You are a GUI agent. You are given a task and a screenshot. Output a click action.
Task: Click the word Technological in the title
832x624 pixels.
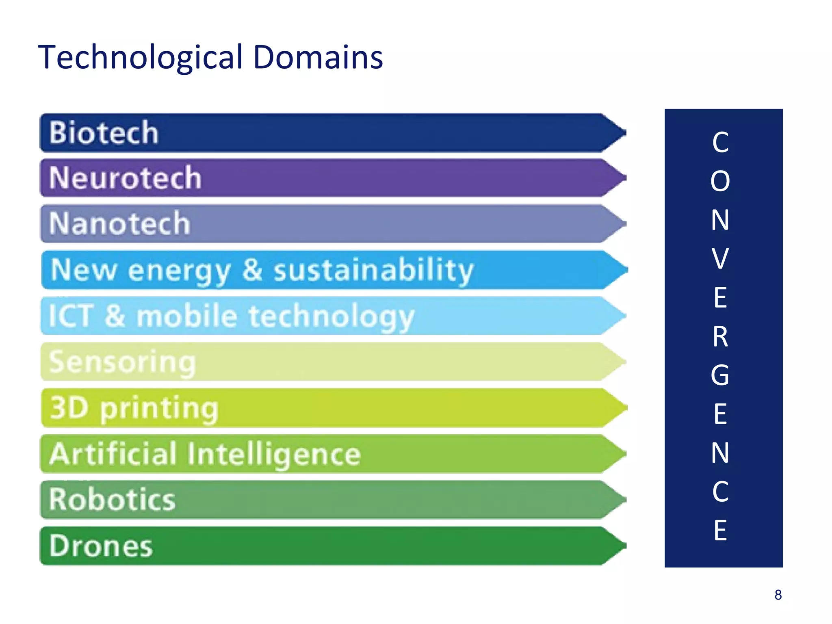pos(140,58)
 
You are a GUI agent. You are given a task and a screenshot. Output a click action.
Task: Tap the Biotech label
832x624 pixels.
pos(104,133)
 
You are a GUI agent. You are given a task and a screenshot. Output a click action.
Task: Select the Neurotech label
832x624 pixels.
pos(125,178)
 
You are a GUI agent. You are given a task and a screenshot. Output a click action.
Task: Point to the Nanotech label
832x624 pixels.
pos(119,223)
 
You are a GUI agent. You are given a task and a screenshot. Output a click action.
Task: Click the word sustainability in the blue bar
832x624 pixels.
pos(373,270)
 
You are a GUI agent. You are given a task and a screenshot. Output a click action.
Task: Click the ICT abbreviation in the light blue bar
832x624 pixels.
pos(71,316)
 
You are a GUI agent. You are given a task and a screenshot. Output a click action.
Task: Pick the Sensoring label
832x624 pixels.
pos(122,362)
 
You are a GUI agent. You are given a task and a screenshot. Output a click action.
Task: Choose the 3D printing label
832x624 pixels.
pos(134,408)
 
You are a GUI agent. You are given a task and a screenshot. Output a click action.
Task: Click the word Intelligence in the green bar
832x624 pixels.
pos(274,454)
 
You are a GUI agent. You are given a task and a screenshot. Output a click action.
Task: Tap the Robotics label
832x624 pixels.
pos(112,500)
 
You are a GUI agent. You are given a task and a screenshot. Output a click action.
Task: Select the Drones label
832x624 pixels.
pos(101,546)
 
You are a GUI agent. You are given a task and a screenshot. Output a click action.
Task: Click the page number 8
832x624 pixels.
pos(778,595)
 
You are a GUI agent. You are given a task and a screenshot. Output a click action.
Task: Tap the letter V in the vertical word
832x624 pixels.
pos(720,258)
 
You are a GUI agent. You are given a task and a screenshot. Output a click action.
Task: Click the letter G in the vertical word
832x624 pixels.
pos(720,375)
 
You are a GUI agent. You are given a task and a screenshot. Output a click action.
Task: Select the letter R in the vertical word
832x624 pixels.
pos(720,336)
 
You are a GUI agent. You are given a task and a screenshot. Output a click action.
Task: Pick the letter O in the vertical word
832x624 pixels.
pos(720,181)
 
